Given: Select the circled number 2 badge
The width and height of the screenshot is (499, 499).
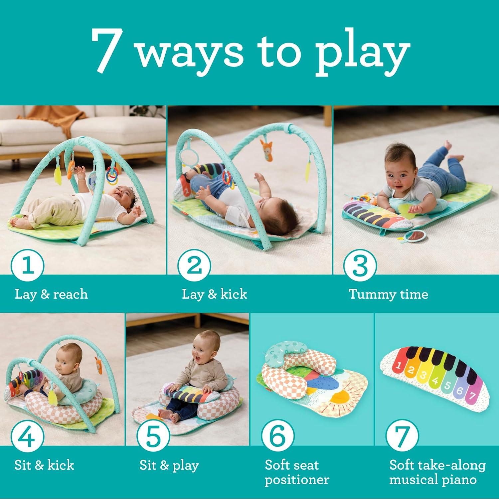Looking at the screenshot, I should [x=194, y=265].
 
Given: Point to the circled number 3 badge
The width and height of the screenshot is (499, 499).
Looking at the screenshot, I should [x=360, y=265].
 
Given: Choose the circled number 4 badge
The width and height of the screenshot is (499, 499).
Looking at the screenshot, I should [x=28, y=436].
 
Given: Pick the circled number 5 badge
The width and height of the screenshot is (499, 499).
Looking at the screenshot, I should [x=153, y=436].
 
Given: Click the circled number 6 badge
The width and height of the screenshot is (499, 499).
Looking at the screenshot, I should [x=277, y=436].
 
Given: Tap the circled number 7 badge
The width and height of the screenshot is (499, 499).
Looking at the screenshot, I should [x=402, y=436].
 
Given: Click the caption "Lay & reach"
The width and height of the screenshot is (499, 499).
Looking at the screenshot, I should [x=51, y=294].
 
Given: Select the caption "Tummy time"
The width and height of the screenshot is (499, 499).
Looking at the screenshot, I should [x=388, y=294].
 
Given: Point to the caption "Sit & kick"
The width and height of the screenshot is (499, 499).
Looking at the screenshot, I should [x=44, y=465].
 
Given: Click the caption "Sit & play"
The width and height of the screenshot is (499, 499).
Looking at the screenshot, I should [x=169, y=465].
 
